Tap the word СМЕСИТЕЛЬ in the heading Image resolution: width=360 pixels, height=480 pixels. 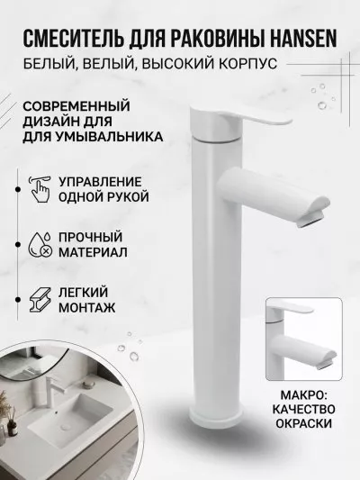pyautogui.click(x=74, y=39)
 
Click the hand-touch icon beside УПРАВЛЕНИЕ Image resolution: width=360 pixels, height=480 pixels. pyautogui.click(x=40, y=189)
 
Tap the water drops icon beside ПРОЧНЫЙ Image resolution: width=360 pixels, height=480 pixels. pyautogui.click(x=40, y=244)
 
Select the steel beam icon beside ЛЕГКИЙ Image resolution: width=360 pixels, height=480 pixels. pyautogui.click(x=40, y=300)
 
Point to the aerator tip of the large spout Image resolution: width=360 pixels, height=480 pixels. pyautogui.click(x=311, y=221)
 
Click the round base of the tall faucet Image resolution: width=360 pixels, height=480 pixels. pyautogui.click(x=215, y=420)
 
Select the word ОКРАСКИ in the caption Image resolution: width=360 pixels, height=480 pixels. pyautogui.click(x=303, y=423)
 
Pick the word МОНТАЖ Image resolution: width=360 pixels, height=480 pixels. pyautogui.click(x=87, y=307)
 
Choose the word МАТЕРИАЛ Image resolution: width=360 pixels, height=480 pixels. pyautogui.click(x=93, y=252)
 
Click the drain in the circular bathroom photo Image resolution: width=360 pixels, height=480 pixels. pyautogui.click(x=66, y=426)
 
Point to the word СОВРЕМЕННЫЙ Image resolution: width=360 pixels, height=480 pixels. pyautogui.click(x=76, y=106)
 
